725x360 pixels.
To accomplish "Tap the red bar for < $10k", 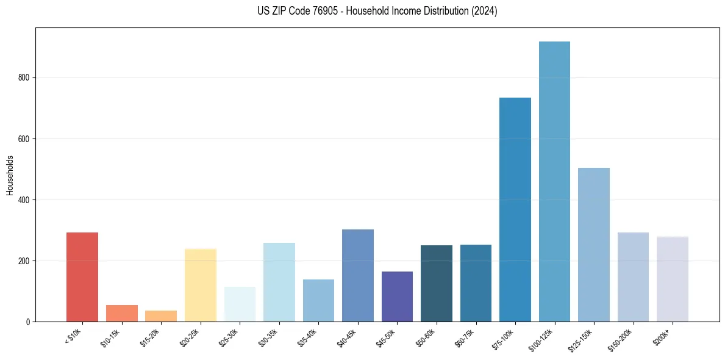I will point(82,277).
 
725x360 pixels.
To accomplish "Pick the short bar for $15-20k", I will point(161,316).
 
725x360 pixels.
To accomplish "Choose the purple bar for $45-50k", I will point(397,297).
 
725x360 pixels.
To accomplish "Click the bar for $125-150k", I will point(594,245).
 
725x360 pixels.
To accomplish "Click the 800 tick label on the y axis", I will point(24,78).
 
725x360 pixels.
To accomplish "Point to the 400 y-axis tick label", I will point(24,200).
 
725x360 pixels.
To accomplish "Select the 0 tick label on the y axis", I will point(28,322).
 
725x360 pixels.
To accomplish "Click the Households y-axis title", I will point(10,175).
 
